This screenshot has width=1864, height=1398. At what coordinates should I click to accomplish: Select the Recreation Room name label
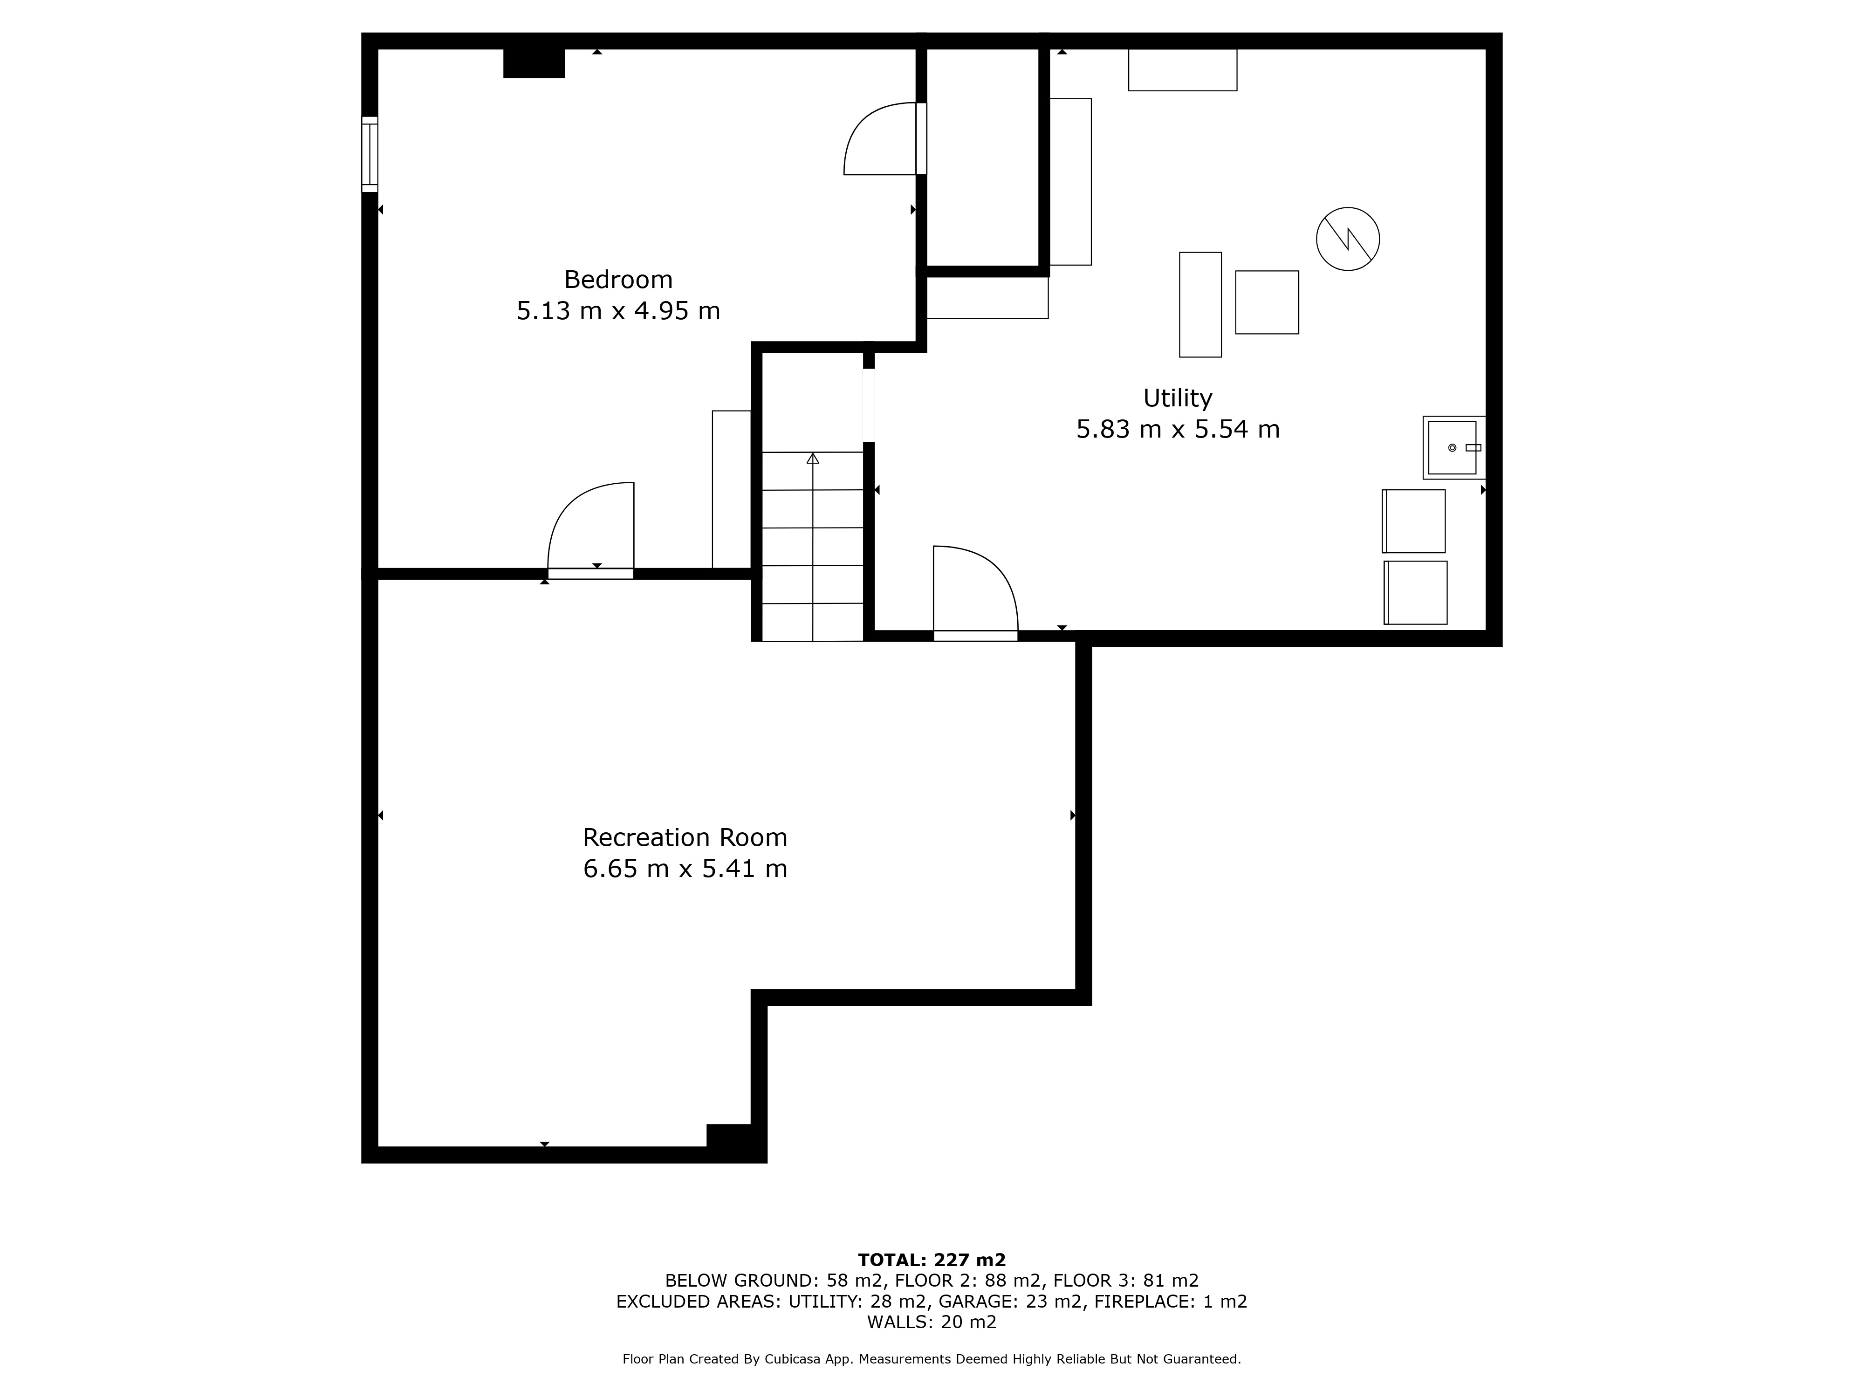coord(685,837)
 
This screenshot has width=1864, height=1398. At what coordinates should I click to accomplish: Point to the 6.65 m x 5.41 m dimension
coord(685,868)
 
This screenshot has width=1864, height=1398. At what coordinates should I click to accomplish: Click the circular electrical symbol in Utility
coord(1348,240)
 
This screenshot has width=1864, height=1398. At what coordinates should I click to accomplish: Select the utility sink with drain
coord(1453,447)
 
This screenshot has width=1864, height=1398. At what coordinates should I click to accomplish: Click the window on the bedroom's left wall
coord(370,154)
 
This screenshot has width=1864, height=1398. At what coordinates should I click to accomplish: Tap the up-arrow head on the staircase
coord(812,459)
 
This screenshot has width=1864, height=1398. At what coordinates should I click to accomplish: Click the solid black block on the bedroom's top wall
coord(534,63)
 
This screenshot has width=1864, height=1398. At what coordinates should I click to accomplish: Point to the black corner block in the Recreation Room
coord(730,1136)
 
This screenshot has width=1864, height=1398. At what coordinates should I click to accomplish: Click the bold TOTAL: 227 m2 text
coord(932,1260)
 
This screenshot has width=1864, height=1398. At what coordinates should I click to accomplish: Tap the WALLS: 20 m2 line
coord(932,1322)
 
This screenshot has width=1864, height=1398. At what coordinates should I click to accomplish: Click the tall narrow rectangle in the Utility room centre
coord(1200,304)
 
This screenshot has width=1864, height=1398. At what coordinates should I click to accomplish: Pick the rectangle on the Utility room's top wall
coord(1182,70)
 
